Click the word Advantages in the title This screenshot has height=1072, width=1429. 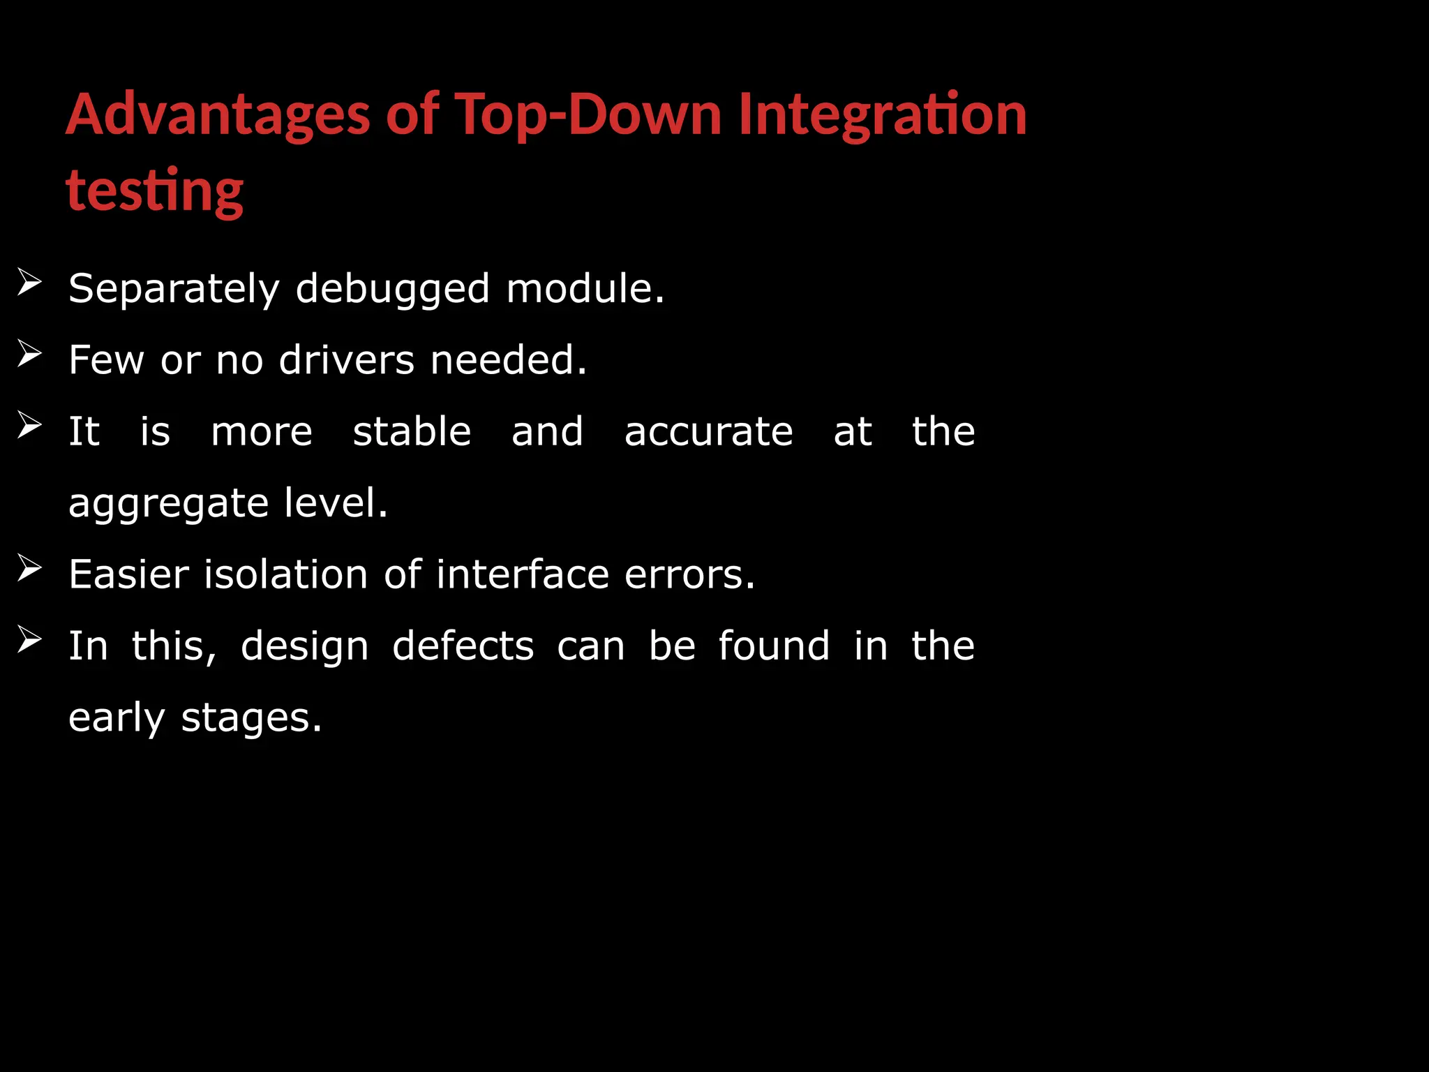tap(217, 115)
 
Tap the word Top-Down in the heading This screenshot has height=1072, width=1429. tap(588, 115)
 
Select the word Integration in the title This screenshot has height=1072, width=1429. tap(882, 115)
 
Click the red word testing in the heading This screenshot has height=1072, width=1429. tap(154, 191)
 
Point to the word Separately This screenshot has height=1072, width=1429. tap(174, 289)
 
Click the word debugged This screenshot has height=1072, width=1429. tap(393, 289)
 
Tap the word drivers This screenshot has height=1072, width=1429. tap(347, 360)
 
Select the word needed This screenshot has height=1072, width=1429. tap(508, 360)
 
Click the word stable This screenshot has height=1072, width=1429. tap(412, 431)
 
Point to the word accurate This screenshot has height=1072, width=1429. tap(708, 432)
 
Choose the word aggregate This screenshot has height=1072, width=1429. tap(168, 505)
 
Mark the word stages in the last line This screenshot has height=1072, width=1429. tap(251, 718)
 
